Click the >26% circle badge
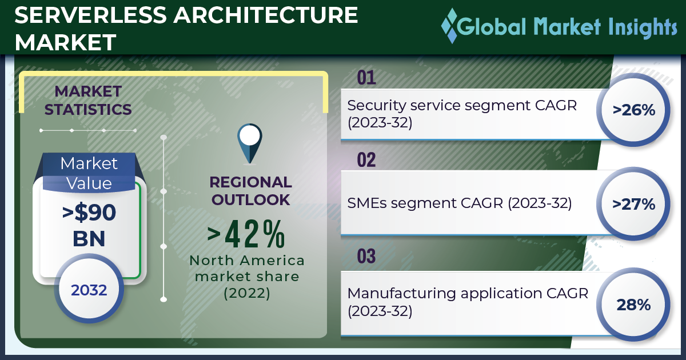click(633, 110)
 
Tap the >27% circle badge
click(633, 204)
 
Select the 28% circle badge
click(633, 304)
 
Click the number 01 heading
click(366, 78)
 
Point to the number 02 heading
click(366, 160)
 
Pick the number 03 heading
click(366, 256)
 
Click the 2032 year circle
click(89, 290)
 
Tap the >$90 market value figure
click(89, 213)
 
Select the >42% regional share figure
click(246, 234)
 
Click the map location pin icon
click(250, 143)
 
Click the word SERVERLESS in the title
click(90, 15)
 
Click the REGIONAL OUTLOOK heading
click(250, 191)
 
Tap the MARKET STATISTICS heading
click(88, 101)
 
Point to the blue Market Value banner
click(89, 173)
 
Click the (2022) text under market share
click(247, 293)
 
